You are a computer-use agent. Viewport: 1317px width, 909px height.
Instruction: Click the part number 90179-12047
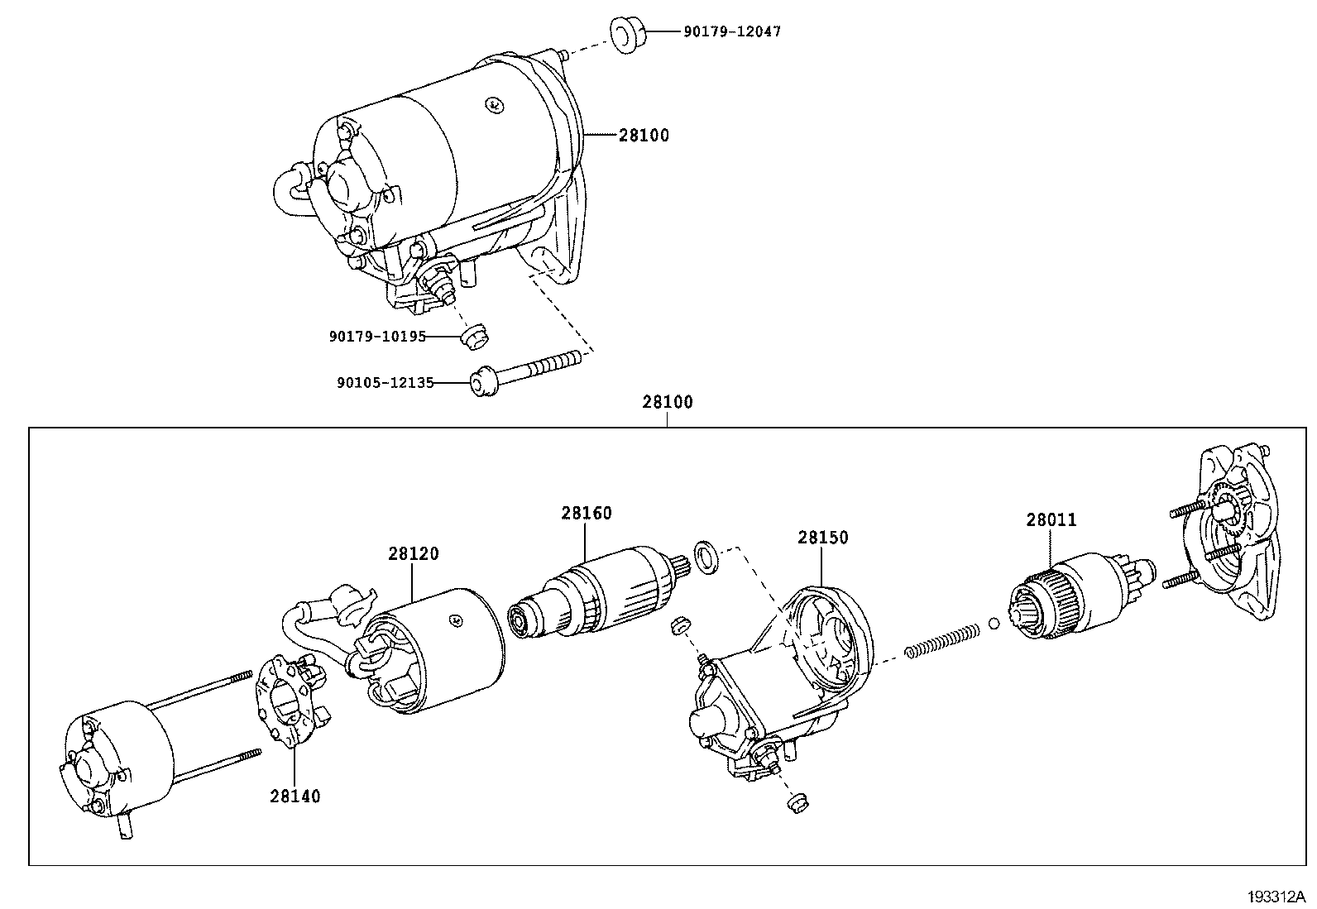click(732, 32)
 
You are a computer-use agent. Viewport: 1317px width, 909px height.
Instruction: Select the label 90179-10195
click(377, 337)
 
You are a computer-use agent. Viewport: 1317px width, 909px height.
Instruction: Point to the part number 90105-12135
click(385, 383)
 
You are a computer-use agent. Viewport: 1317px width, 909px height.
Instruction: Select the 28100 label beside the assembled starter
click(644, 135)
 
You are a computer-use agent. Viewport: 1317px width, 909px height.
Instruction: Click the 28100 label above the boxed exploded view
click(668, 403)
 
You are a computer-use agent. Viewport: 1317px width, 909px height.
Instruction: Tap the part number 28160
click(587, 513)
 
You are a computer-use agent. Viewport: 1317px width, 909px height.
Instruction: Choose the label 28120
click(414, 553)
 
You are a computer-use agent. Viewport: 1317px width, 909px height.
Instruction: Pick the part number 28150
click(822, 538)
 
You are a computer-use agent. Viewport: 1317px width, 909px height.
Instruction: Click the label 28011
click(1051, 520)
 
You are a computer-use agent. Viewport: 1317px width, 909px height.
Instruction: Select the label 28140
click(295, 796)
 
